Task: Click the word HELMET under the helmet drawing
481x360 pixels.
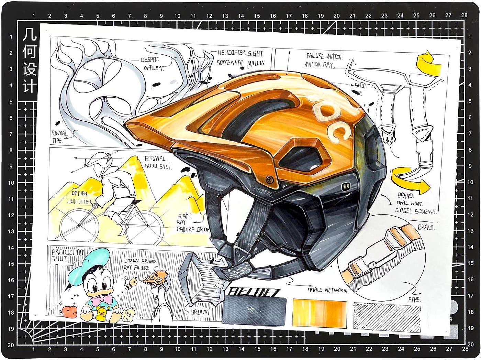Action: [255, 292]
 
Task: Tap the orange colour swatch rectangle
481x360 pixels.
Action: [320, 313]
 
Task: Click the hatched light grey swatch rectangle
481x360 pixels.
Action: [387, 317]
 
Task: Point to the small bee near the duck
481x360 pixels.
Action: [132, 283]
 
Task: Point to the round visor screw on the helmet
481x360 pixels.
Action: [269, 179]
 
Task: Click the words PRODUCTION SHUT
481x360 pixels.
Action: [67, 255]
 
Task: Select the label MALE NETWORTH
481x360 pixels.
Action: [327, 291]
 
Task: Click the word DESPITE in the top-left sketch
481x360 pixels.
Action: [150, 60]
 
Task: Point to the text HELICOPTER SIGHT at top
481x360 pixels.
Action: [240, 53]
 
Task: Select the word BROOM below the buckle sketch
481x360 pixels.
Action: [199, 312]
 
